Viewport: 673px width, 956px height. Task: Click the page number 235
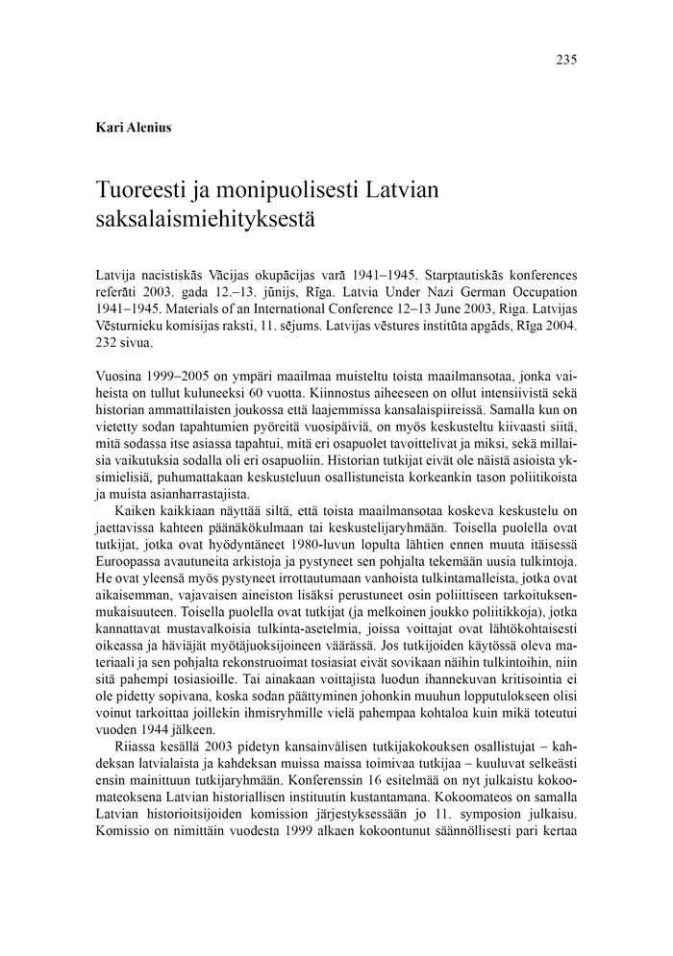click(x=565, y=60)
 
